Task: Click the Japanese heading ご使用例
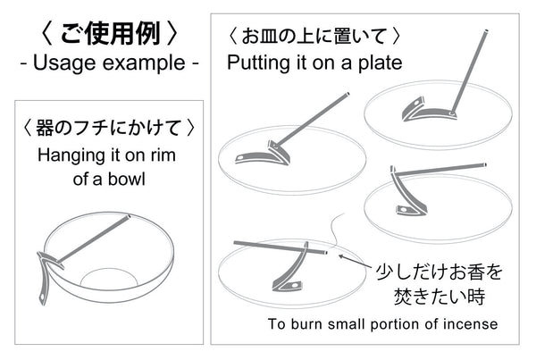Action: pyautogui.click(x=110, y=34)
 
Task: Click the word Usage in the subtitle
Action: pyautogui.click(x=64, y=63)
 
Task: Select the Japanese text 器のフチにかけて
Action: pyautogui.click(x=108, y=128)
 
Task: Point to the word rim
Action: pyautogui.click(x=163, y=155)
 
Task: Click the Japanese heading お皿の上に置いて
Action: pyautogui.click(x=314, y=37)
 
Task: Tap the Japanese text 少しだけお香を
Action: pyautogui.click(x=439, y=272)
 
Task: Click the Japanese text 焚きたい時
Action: pyautogui.click(x=440, y=296)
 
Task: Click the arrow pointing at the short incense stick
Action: pyautogui.click(x=355, y=261)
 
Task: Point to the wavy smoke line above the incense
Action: pyautogui.click(x=336, y=229)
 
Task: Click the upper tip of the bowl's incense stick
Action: pyautogui.click(x=129, y=216)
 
